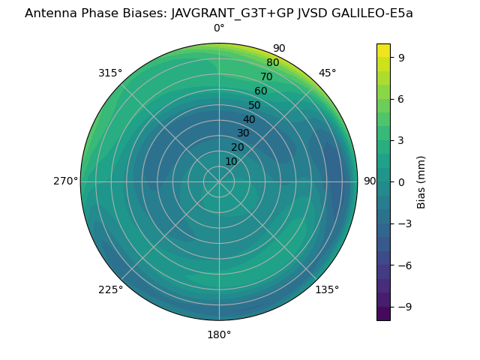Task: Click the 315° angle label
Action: coord(110,73)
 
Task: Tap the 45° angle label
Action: coord(328,73)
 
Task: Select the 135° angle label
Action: coord(327,289)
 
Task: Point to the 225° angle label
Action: coord(110,289)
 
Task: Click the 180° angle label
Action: coord(219,334)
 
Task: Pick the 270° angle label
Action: coord(65,181)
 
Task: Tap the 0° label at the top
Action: coord(219,28)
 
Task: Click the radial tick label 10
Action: coord(231,161)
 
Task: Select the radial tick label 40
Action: coord(249,119)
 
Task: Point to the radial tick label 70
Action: coord(266,76)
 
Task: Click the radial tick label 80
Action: coord(272,62)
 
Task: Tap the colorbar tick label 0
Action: coord(401,181)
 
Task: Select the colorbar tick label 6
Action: coord(401,98)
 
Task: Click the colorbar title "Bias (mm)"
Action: coord(421,181)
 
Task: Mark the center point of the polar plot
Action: coord(219,181)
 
